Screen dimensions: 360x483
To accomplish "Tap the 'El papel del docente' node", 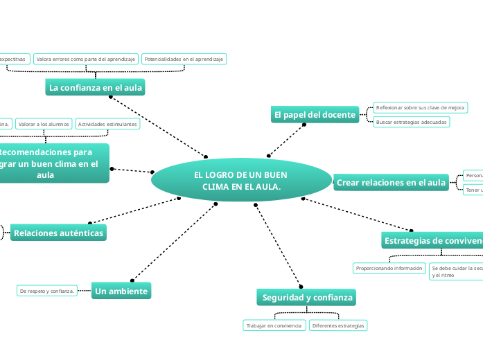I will click(315, 114).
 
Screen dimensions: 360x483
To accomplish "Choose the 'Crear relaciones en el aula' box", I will click(391, 183).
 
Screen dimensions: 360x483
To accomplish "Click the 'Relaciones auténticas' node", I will click(58, 233).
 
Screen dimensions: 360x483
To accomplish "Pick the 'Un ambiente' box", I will click(121, 291).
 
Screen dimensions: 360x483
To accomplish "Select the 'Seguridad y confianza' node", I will click(307, 298).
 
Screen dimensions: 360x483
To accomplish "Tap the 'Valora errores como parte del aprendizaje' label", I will click(85, 60).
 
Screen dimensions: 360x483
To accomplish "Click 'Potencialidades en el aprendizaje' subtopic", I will click(184, 60).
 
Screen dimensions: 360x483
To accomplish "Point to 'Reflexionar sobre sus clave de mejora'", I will click(420, 108).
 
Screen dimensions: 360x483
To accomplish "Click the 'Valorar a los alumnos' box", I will click(43, 124).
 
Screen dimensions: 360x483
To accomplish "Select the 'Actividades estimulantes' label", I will click(107, 124).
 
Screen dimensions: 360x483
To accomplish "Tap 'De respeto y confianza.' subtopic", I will click(47, 291).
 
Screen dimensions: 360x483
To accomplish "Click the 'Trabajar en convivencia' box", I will click(274, 325).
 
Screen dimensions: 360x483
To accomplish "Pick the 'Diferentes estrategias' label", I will click(338, 325).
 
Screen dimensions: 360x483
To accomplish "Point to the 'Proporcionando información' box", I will click(389, 268).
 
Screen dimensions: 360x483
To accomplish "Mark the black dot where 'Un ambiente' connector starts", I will click(216, 204).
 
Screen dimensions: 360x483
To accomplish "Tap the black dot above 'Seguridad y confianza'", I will click(300, 285).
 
